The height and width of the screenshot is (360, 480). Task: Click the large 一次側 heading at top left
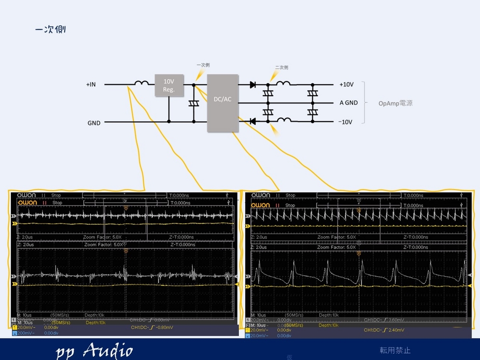[50, 30]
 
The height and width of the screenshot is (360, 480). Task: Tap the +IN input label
[91, 85]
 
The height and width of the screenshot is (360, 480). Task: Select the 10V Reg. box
[169, 85]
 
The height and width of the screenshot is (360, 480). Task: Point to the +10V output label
[346, 85]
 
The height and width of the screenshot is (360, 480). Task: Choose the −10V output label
[345, 122]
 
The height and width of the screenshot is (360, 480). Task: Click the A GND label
[348, 103]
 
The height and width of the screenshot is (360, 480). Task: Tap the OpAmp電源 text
[395, 103]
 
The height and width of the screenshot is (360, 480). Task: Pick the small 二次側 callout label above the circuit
[282, 68]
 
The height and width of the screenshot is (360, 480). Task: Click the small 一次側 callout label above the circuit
[203, 65]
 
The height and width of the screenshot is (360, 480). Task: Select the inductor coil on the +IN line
[141, 84]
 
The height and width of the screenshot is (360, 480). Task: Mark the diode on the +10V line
[252, 85]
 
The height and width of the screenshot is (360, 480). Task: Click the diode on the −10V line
[252, 121]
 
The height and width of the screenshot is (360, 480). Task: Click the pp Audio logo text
[94, 350]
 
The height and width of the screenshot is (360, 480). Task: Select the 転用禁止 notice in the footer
[395, 350]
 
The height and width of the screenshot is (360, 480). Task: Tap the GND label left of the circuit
[94, 123]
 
